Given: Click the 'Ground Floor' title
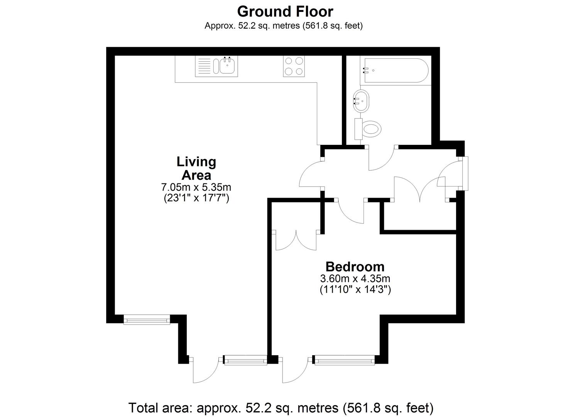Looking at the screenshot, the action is pos(285,12).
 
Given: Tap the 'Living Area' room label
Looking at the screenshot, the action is pos(196,168).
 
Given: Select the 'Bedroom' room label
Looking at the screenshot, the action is pos(355,267).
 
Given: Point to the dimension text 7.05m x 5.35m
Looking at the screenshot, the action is pos(196,187).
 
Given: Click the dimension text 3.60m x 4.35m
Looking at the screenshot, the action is pos(355,278).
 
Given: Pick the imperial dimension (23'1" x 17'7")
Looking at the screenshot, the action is pos(196,198).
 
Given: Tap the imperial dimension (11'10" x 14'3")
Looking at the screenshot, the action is pos(355,289).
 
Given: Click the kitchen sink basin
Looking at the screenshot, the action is pos(227,66).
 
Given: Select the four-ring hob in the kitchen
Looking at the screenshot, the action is pos(294,66).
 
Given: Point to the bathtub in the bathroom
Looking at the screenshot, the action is pos(395,70).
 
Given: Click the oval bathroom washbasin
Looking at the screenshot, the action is pos(362,101).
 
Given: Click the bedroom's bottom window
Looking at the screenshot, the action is pos(343,360).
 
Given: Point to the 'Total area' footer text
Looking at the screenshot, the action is pos(281,408).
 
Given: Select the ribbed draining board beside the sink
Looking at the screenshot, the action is pos(204,66).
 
